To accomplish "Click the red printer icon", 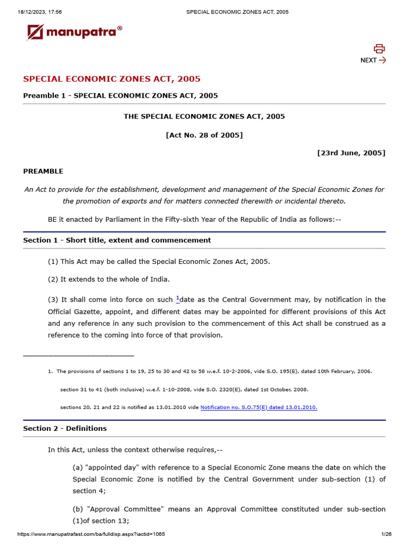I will (x=379, y=49).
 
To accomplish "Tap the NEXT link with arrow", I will (x=373, y=60).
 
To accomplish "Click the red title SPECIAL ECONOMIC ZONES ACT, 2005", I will (x=112, y=79).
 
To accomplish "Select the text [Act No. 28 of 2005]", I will (x=204, y=135).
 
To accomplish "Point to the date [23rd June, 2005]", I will (x=351, y=153).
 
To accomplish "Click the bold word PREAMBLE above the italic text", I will (x=43, y=171).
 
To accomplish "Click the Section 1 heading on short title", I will (x=117, y=240).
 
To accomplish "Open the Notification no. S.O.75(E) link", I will (x=259, y=407).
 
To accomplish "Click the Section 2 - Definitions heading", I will (x=64, y=428).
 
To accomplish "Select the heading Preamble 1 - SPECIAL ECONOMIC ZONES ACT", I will (x=120, y=95).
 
